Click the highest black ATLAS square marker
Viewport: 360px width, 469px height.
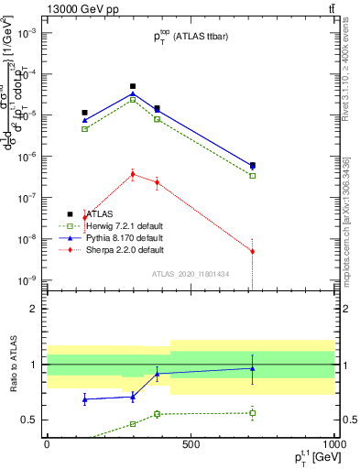click(x=133, y=86)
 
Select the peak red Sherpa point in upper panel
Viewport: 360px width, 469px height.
click(x=133, y=173)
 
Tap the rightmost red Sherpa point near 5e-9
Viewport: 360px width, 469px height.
click(x=253, y=251)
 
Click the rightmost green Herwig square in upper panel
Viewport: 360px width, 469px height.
click(x=253, y=176)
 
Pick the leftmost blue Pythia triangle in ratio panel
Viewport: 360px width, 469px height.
click(x=85, y=399)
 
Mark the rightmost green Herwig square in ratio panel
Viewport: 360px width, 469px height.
click(x=253, y=413)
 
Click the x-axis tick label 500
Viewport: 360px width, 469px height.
click(x=191, y=444)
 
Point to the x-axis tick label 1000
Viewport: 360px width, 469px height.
click(x=333, y=444)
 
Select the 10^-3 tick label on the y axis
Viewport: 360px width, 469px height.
click(x=26, y=33)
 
